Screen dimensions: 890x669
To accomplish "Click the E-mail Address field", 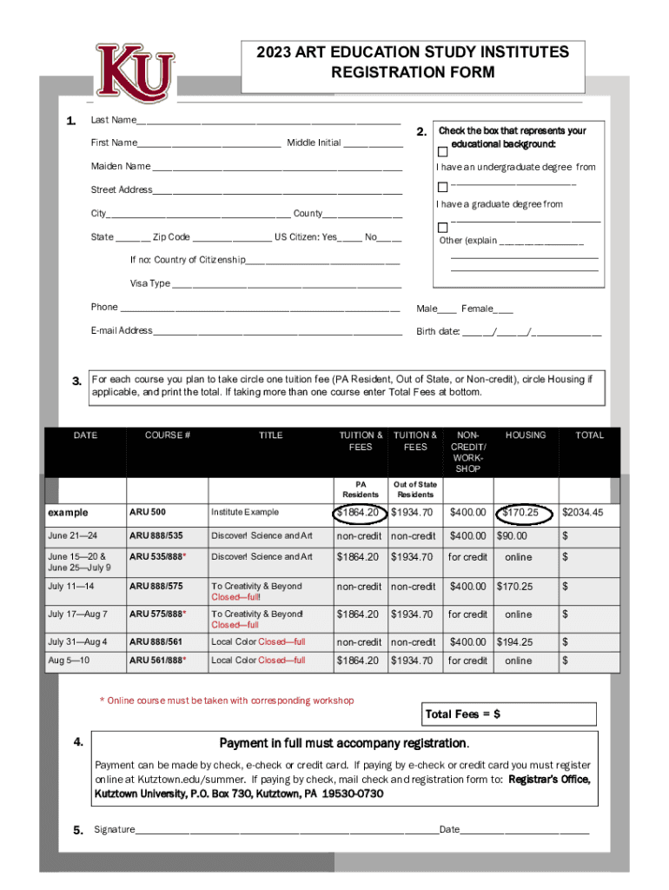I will (277, 332).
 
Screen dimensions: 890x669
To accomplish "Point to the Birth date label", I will (438, 331).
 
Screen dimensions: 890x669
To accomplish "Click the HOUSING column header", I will (526, 435).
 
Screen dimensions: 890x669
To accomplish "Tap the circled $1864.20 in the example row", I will (358, 513).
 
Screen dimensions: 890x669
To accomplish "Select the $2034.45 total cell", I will (582, 513).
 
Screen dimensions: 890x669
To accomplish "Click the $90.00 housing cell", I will (512, 536).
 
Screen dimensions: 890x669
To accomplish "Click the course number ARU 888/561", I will (156, 642).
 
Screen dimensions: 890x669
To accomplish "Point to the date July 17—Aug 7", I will (77, 614).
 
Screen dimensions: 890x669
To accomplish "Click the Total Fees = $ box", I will (509, 714).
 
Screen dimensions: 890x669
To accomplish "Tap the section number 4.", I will (78, 742).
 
